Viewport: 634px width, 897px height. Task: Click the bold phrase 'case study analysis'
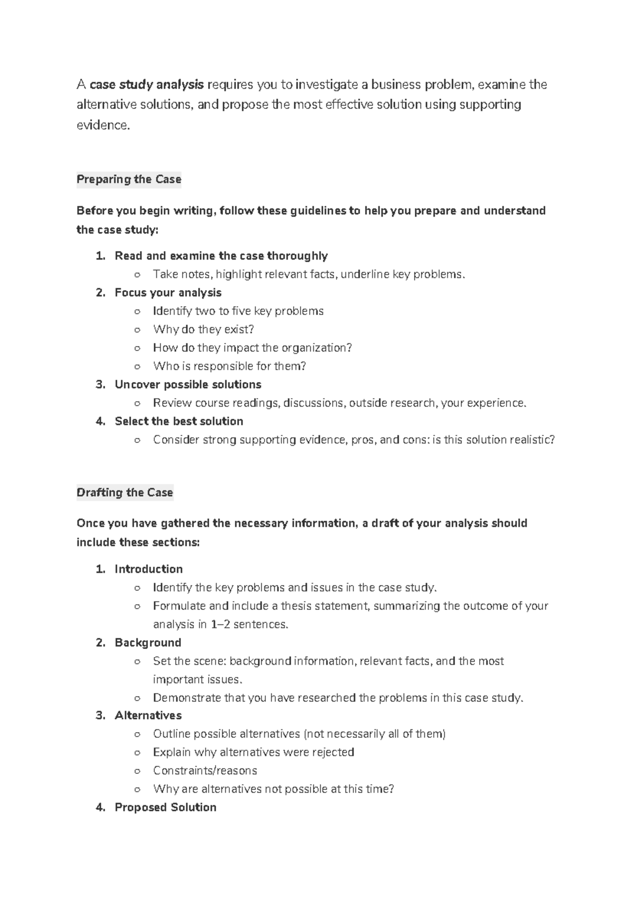147,85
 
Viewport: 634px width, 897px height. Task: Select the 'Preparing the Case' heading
129,179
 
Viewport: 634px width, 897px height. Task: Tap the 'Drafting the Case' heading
125,493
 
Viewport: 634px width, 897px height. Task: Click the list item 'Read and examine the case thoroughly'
221,256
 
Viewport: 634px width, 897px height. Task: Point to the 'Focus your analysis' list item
168,293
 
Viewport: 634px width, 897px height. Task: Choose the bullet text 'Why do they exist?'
203,329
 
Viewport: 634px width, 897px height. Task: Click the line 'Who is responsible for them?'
229,366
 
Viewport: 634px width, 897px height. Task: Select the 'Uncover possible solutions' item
188,384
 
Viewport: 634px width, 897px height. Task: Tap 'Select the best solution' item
179,421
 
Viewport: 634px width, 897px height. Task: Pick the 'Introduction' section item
148,569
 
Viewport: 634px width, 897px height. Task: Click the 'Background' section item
148,643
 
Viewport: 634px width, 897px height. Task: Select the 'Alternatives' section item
148,716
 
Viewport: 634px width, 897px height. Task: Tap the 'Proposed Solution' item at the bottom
165,807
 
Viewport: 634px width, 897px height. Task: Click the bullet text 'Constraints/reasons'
205,771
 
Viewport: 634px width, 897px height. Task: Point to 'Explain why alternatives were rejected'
254,752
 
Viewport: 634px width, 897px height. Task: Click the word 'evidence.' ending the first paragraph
103,126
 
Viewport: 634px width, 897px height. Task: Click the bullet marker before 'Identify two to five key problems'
137,311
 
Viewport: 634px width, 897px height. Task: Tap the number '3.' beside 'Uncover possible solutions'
100,384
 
